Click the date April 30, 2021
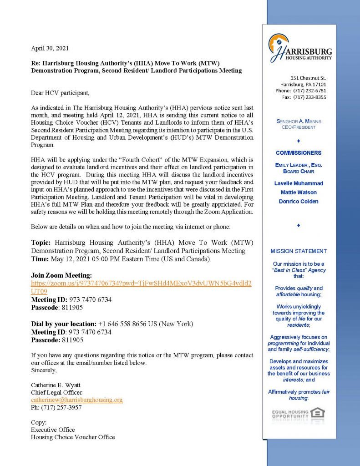click(50, 48)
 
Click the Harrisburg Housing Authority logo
click(300, 48)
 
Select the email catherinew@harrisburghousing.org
click(76, 400)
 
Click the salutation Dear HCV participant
click(60, 93)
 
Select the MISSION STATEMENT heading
click(298, 251)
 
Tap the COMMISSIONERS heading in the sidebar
click(299, 153)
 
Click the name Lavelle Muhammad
click(299, 183)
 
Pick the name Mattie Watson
click(299, 192)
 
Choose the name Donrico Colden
click(299, 201)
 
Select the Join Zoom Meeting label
click(61, 276)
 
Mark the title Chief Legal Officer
click(56, 392)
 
